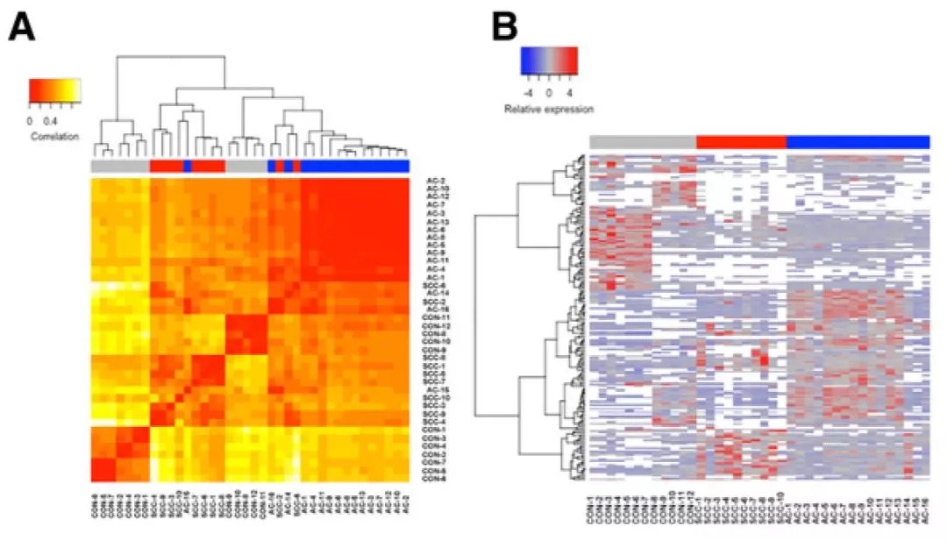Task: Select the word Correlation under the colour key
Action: click(x=54, y=137)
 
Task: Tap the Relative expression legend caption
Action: click(x=549, y=110)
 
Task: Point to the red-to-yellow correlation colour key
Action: click(x=54, y=90)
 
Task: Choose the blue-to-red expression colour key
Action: click(x=549, y=58)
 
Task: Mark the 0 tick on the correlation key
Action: click(x=31, y=121)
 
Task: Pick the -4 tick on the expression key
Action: click(x=527, y=90)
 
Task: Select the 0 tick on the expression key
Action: click(x=549, y=90)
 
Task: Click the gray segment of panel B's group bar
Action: click(x=643, y=142)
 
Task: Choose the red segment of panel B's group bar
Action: click(x=741, y=142)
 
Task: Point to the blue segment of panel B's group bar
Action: click(x=858, y=142)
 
